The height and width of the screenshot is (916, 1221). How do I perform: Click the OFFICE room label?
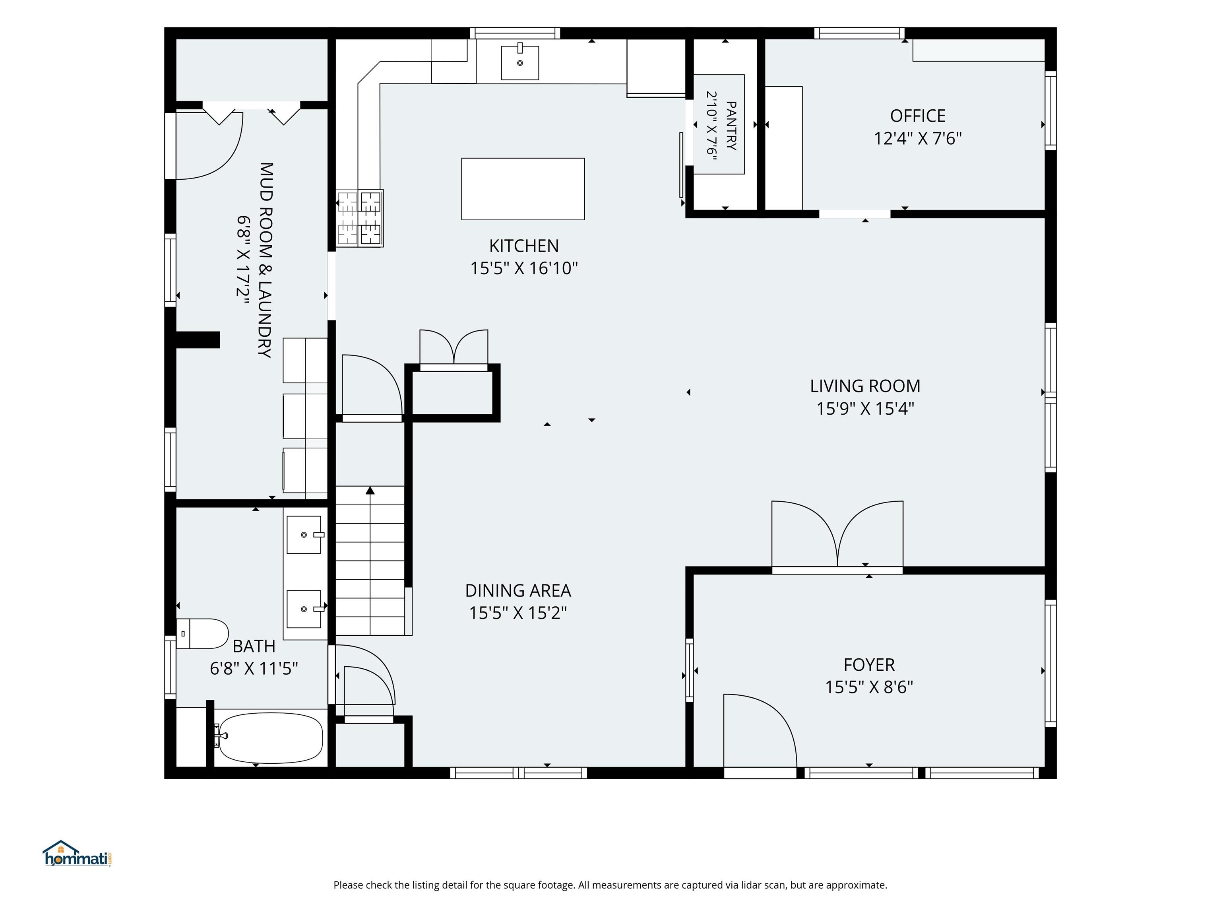[917, 116]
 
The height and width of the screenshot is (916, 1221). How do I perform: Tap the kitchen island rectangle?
[523, 189]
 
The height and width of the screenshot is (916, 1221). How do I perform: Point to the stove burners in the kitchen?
[360, 218]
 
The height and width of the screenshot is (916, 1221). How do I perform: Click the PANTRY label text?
[731, 126]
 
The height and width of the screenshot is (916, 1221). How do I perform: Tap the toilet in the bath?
[202, 633]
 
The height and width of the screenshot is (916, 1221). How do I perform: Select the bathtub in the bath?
[271, 737]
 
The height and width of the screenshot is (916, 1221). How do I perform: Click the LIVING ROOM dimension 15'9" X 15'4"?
[865, 409]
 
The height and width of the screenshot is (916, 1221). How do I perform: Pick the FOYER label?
[869, 664]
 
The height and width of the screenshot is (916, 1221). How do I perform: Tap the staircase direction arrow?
[370, 490]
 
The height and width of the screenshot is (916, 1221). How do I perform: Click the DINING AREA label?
[518, 591]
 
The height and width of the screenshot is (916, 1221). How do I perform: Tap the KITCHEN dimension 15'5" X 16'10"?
[524, 268]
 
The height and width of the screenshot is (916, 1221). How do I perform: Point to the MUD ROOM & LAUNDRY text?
[266, 260]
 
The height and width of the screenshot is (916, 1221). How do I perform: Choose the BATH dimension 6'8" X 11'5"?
[254, 669]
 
